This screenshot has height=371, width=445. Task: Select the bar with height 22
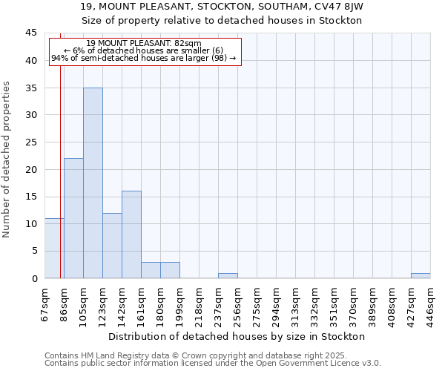click(73, 218)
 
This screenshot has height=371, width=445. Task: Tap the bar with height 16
click(131, 234)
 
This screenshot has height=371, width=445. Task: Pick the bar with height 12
click(112, 246)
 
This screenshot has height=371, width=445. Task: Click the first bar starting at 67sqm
click(53, 249)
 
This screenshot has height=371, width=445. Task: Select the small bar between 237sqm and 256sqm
click(228, 275)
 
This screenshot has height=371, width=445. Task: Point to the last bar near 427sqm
click(421, 275)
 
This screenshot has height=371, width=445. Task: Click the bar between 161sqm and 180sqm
click(151, 270)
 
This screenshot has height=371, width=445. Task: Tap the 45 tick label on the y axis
click(31, 33)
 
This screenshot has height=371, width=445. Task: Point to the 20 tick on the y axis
click(31, 169)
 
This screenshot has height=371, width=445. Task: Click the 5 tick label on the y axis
click(34, 251)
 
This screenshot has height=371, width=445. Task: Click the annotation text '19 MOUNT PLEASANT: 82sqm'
click(144, 44)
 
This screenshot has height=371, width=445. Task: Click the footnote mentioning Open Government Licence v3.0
click(213, 363)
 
